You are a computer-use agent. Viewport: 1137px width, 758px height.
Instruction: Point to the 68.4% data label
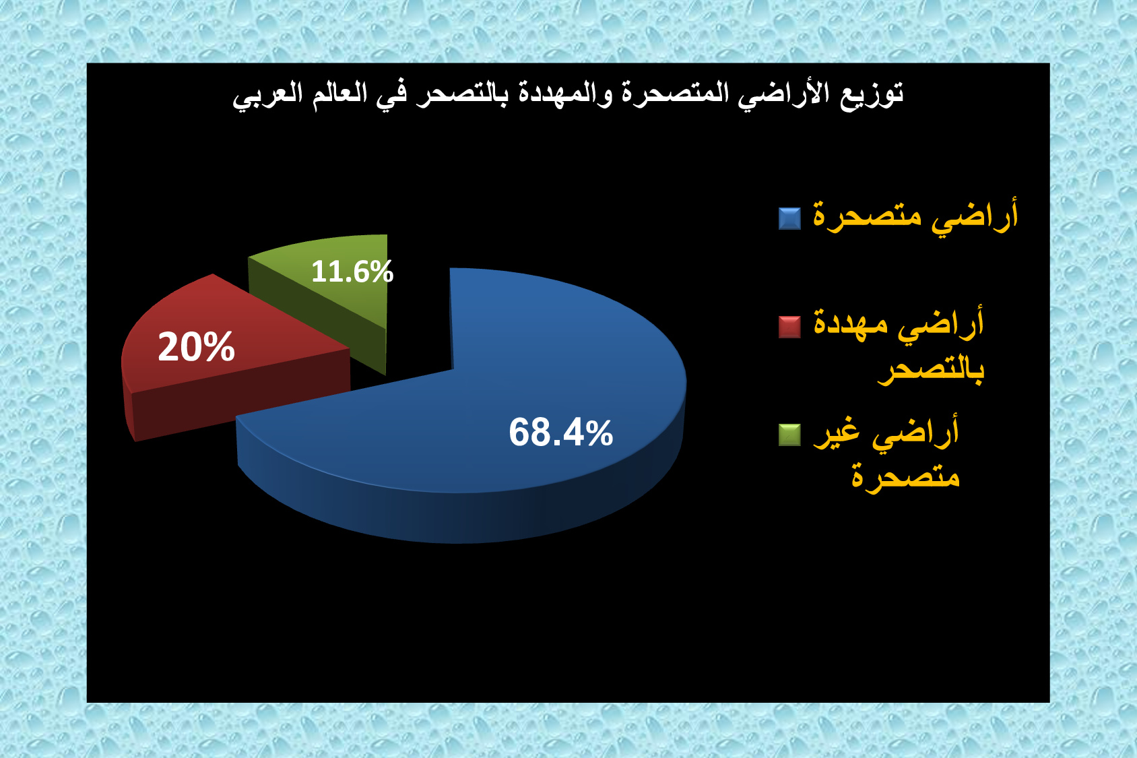[x=561, y=433]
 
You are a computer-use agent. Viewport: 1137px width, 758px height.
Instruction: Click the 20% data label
[x=197, y=347]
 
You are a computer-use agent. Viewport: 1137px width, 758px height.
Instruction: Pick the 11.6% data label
[x=352, y=272]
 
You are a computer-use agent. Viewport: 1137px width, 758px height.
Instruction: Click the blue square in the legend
[x=790, y=218]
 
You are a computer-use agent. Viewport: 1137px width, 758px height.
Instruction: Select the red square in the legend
[x=790, y=327]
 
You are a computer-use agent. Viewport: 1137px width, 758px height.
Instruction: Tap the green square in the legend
[x=790, y=435]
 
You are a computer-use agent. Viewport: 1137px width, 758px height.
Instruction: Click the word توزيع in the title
[x=872, y=94]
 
